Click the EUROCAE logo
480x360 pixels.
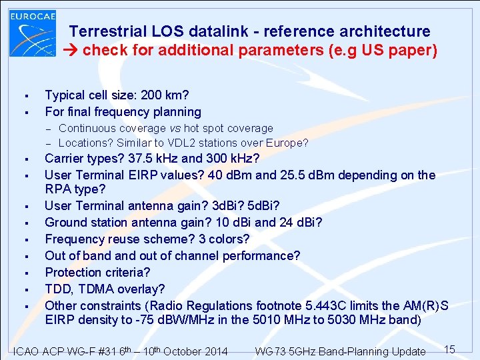click(x=32, y=33)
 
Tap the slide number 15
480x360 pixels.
click(x=449, y=349)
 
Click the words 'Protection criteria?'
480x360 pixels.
click(x=97, y=272)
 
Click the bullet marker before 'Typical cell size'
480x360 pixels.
click(x=24, y=95)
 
